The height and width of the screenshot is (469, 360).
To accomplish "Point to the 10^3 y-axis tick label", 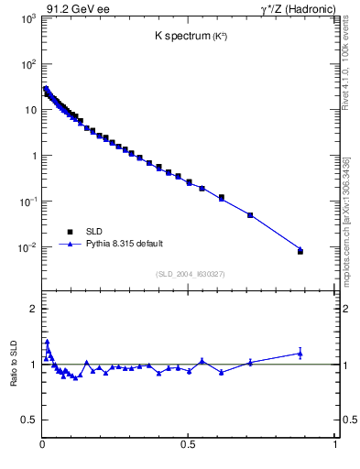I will pyautogui.click(x=27, y=18).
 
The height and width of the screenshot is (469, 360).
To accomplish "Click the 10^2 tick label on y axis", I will pyautogui.click(x=27, y=64).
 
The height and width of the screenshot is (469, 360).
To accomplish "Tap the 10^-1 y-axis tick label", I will pyautogui.click(x=27, y=202).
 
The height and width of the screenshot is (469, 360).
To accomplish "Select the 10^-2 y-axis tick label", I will pyautogui.click(x=27, y=247).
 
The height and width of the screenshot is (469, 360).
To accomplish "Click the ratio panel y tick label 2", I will pyautogui.click(x=31, y=309).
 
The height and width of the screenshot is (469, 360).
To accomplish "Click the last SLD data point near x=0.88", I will pyautogui.click(x=300, y=251).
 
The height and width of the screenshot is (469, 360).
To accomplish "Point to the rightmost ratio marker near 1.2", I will pyautogui.click(x=300, y=353).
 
